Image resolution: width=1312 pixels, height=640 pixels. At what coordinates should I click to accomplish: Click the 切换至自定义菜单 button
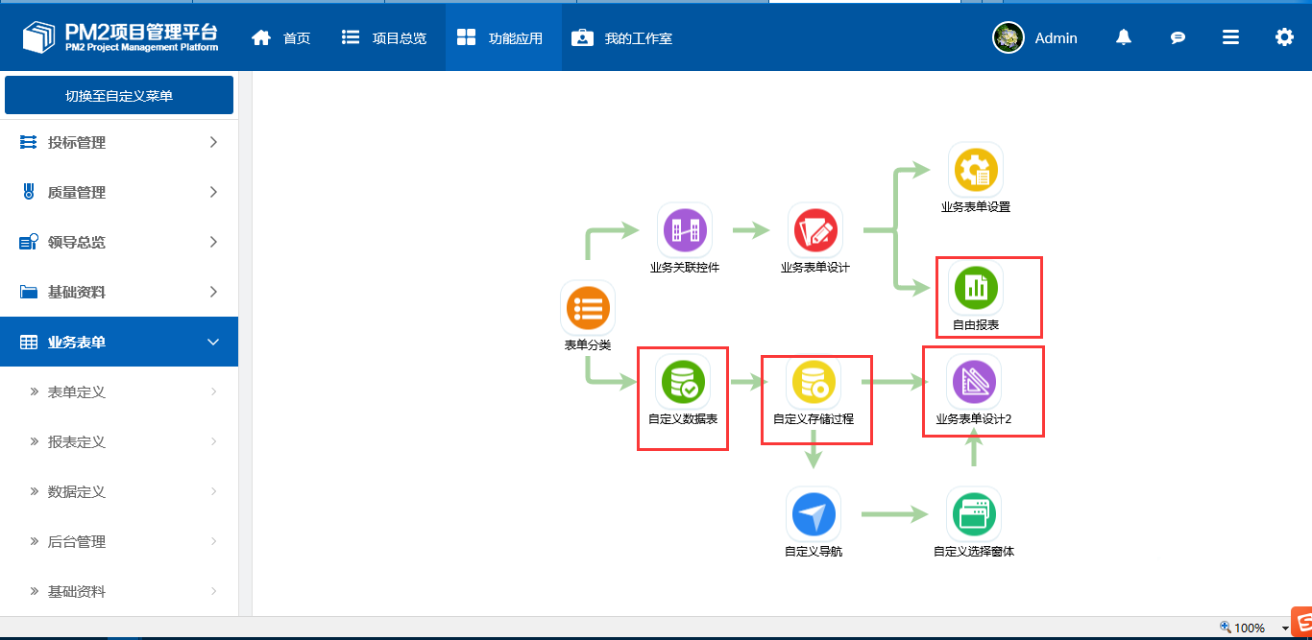click(119, 95)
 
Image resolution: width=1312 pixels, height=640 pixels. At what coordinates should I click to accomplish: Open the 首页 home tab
click(280, 38)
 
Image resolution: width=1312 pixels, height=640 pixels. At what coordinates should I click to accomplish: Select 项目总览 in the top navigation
click(383, 38)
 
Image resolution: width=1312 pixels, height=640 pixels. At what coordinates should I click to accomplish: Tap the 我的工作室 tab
click(621, 38)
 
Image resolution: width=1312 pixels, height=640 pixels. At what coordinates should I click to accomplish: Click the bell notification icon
click(1124, 37)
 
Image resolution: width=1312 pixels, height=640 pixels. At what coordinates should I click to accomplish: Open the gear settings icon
click(1284, 37)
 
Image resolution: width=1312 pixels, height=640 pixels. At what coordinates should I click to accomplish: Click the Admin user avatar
click(1008, 37)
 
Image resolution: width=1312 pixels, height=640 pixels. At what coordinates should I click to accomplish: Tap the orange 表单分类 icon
click(588, 308)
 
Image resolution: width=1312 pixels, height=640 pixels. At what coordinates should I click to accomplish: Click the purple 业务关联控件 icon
click(685, 230)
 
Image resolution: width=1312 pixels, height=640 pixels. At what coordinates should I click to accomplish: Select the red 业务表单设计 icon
click(815, 230)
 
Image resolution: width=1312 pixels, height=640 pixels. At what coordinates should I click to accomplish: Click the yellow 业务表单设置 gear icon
click(976, 170)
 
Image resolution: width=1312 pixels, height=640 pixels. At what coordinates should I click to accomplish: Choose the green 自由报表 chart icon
click(976, 287)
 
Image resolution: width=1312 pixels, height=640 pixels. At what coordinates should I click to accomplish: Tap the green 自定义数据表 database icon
click(683, 382)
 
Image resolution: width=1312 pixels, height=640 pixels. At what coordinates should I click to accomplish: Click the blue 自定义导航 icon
click(814, 514)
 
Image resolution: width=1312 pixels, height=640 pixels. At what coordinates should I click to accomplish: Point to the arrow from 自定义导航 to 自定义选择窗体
click(894, 514)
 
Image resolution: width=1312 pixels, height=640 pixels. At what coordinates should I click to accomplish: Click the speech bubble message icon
click(1178, 38)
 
